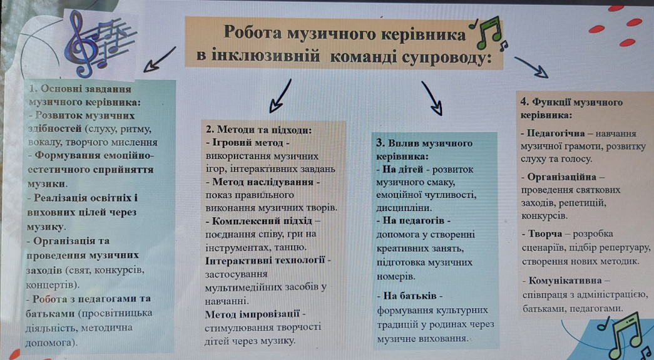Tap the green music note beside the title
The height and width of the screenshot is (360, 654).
pos(488,33)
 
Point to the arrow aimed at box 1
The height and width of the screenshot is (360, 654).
pos(160,59)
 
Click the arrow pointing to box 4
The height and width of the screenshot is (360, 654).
pos(531,67)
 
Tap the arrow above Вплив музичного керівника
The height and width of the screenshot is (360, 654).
pos(432,98)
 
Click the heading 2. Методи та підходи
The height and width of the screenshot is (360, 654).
pos(259,130)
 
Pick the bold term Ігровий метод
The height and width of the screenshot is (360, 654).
pos(248,143)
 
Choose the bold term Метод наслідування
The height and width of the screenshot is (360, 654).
pos(263,182)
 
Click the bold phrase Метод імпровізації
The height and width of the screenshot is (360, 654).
pos(252,314)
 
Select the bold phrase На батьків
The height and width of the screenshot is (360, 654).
pos(409,296)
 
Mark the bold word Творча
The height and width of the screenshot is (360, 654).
pos(544,234)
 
